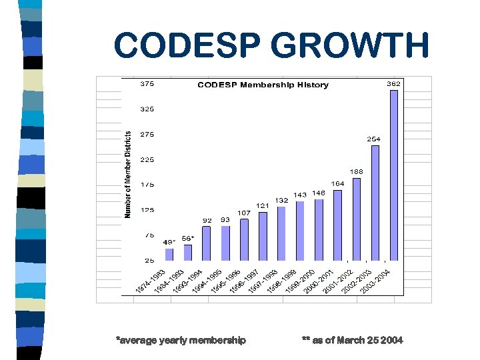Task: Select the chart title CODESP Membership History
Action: [263, 85]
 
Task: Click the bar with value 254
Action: [375, 203]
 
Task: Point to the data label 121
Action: [263, 205]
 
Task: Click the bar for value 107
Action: [244, 239]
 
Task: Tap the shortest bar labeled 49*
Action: [169, 254]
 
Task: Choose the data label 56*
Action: [188, 237]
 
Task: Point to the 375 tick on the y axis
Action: [147, 84]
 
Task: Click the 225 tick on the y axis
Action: [147, 159]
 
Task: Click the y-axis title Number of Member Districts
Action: [128, 173]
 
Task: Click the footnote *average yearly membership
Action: [181, 340]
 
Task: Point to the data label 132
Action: [281, 200]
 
